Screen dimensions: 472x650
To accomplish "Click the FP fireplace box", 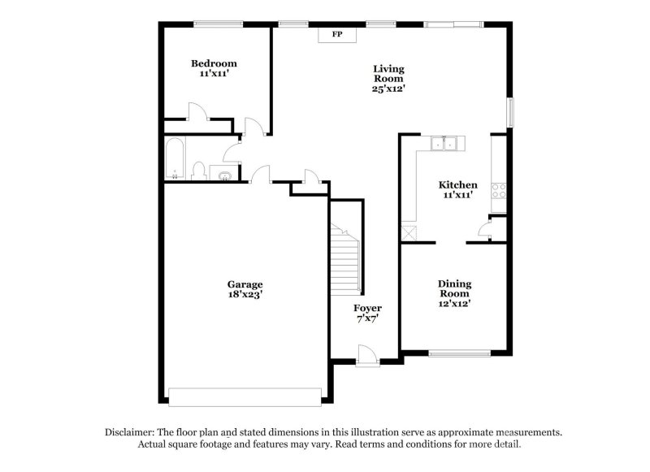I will tap(335, 34).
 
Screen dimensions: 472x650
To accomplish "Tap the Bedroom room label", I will tap(214, 63).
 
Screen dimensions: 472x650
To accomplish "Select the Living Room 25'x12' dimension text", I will tap(388, 89).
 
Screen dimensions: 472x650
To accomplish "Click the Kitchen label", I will tap(458, 185).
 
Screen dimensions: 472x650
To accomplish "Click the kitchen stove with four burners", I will tap(500, 191).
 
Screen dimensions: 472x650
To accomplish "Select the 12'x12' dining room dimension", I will tap(455, 304).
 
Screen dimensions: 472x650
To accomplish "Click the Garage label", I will tap(245, 284).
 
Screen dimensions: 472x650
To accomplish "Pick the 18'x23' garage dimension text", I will tap(245, 295).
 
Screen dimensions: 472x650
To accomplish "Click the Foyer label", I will tap(367, 309).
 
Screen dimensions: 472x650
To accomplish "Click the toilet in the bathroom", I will tap(198, 171).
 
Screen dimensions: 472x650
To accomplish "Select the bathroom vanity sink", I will tap(223, 173).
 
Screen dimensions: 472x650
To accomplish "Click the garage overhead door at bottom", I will tap(245, 396).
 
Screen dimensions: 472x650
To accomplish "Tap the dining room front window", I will tap(459, 353).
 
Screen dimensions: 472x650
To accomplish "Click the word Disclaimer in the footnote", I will tap(130, 432).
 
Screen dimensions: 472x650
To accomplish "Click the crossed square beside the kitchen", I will tap(408, 232).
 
